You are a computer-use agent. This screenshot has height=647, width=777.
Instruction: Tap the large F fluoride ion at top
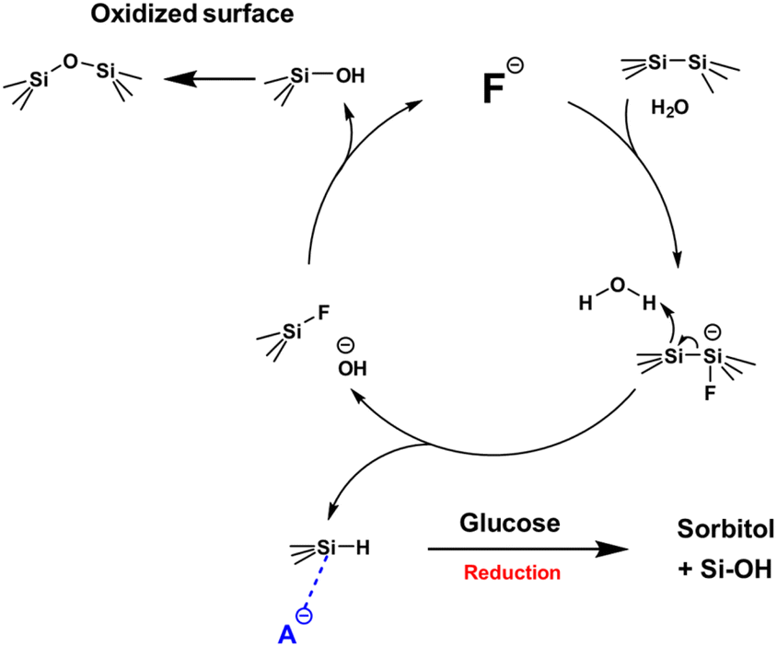[x=493, y=89]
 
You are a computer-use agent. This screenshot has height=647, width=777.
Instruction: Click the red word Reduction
[x=512, y=572]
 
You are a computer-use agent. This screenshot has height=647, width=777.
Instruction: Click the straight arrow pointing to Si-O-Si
[x=213, y=78]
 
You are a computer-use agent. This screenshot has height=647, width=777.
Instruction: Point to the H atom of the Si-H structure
[x=362, y=549]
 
